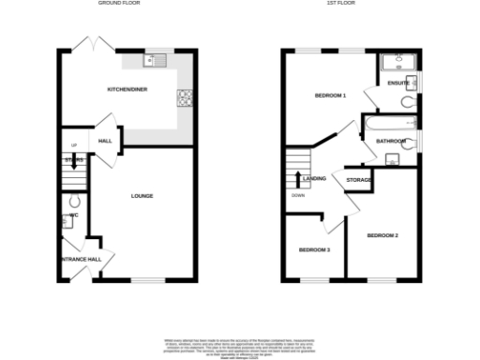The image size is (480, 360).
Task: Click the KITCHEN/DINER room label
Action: (127, 90)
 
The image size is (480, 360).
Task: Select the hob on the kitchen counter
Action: (185, 97)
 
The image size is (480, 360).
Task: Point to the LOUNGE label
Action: (142, 196)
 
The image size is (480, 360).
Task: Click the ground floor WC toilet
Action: (75, 202)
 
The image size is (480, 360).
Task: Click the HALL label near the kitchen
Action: (105, 142)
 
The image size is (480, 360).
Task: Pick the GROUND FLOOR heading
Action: (119, 4)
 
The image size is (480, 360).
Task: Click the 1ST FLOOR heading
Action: (351, 4)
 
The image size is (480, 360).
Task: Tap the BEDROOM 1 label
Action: (330, 96)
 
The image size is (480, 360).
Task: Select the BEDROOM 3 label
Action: (314, 249)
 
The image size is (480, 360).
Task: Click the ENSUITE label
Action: (397, 84)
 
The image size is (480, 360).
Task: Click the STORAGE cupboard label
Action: (359, 179)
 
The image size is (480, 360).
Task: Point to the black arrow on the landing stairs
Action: (297, 179)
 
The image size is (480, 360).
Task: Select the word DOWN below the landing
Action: (297, 196)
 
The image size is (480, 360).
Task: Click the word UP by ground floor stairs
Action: (72, 145)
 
